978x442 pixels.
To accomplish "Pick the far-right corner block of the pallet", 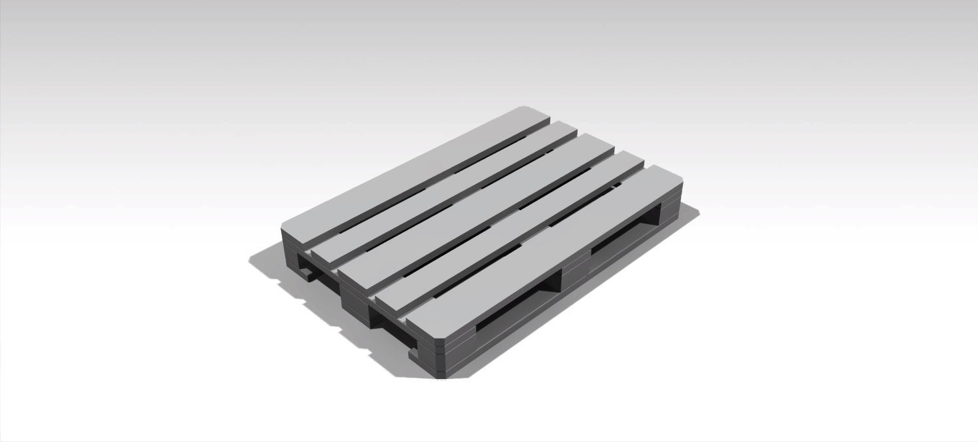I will [671, 216].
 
